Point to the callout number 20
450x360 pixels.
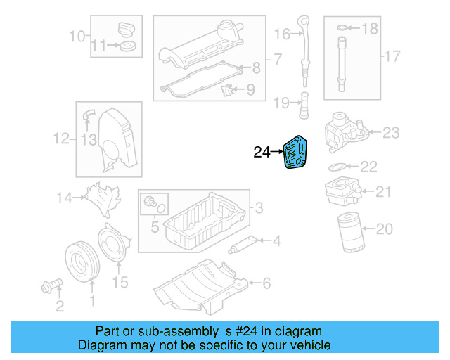(384, 229)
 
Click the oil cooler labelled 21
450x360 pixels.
(342, 191)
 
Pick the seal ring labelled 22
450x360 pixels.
(337, 167)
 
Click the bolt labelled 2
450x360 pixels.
(51, 285)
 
